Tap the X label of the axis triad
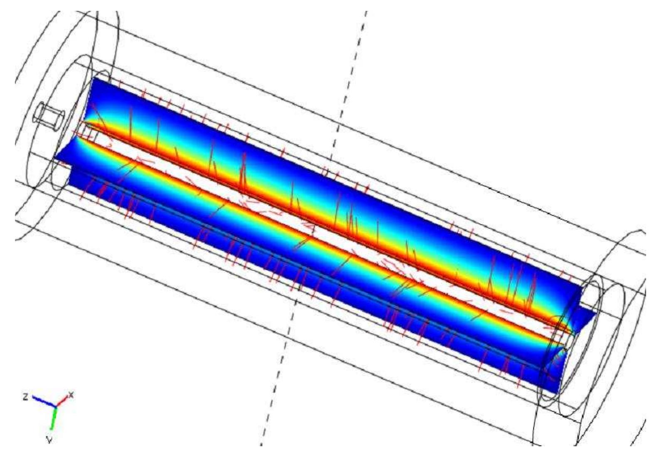click(x=71, y=394)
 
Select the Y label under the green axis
click(x=49, y=440)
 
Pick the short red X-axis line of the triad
click(x=62, y=400)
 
